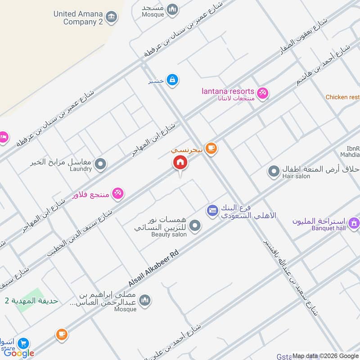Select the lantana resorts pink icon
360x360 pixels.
[263, 93]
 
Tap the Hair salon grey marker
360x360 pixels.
[274, 171]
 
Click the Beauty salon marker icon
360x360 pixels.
[194, 226]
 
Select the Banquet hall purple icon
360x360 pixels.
[354, 222]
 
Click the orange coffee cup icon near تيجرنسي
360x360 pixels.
[211, 148]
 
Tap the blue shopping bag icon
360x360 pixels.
[172, 81]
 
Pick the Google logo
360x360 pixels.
[19, 353]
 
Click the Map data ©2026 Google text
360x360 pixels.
[325, 355]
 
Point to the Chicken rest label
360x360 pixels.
[342, 97]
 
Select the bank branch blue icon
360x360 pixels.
[212, 210]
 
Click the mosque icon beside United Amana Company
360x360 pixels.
[172, 9]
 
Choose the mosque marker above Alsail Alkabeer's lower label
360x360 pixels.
[144, 300]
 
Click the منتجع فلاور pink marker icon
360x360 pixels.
[118, 193]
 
